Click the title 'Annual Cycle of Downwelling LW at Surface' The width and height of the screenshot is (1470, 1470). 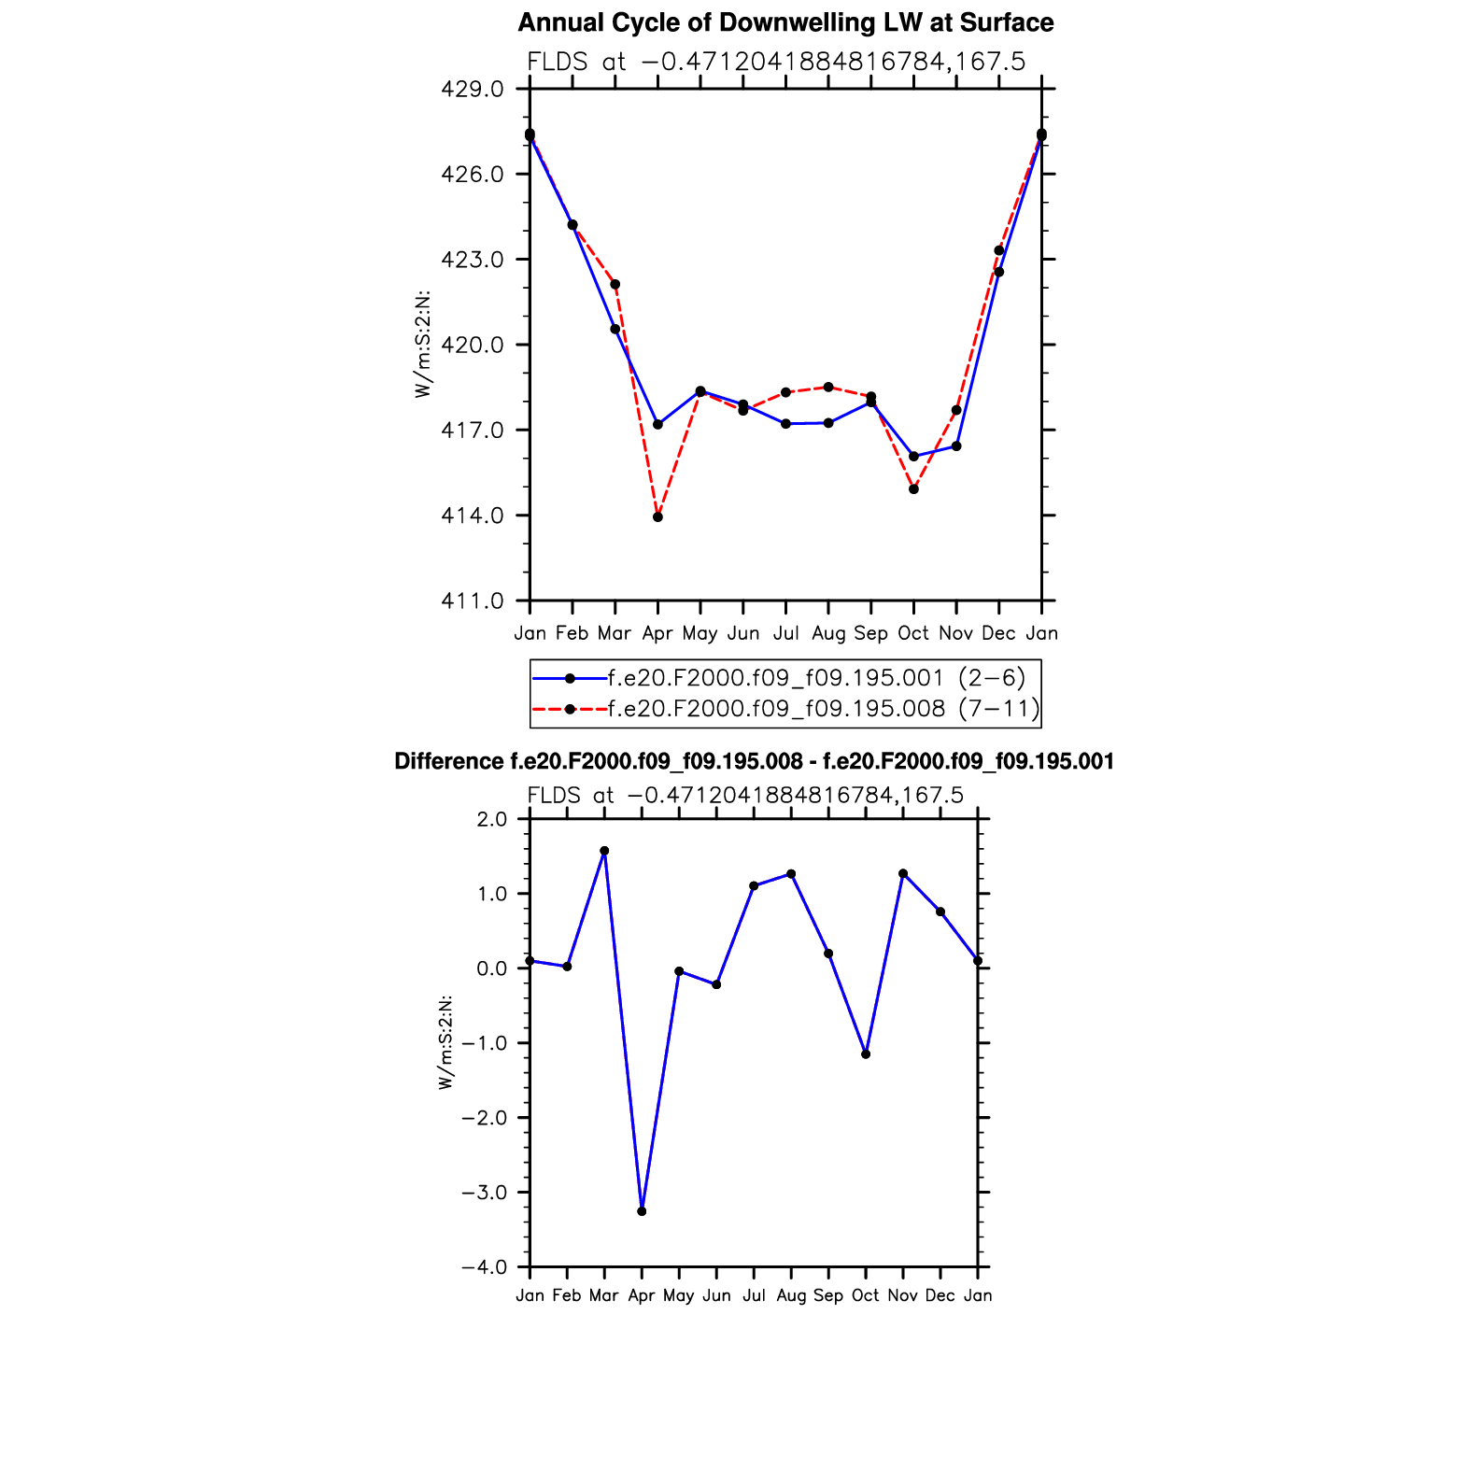pyautogui.click(x=785, y=22)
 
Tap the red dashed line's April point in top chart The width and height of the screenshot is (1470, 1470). pyautogui.click(x=657, y=516)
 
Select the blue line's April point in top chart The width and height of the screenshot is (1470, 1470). pyautogui.click(x=657, y=424)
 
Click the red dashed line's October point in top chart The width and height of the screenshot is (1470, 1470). pyautogui.click(x=913, y=489)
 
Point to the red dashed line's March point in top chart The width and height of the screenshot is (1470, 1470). pyautogui.click(x=615, y=284)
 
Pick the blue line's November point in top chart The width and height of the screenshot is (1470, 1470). pyautogui.click(x=956, y=446)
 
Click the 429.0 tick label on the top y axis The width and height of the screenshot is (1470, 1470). pyautogui.click(x=473, y=90)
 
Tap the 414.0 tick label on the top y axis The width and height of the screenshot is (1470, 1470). pyautogui.click(x=473, y=516)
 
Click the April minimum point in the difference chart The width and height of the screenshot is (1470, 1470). pyautogui.click(x=642, y=1211)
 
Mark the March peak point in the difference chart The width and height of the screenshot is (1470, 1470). pyautogui.click(x=604, y=851)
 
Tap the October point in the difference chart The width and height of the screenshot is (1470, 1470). pyautogui.click(x=866, y=1054)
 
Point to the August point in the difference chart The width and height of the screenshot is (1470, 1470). pyautogui.click(x=791, y=874)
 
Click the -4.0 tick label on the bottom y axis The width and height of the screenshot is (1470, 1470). pyautogui.click(x=484, y=1267)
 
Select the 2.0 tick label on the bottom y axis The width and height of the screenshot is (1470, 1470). pyautogui.click(x=491, y=819)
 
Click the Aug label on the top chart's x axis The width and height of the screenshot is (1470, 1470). pyautogui.click(x=828, y=633)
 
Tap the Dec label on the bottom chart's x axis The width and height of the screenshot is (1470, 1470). pyautogui.click(x=940, y=1295)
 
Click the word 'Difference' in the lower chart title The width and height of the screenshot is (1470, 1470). pyautogui.click(x=449, y=762)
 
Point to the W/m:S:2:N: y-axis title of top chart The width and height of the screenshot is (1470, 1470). pyautogui.click(x=424, y=345)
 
